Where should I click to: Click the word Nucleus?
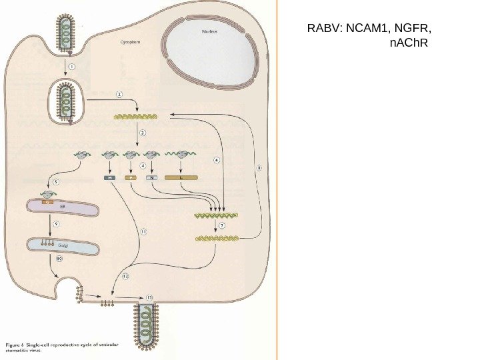coord(211,31)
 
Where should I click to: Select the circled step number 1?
coord(71,67)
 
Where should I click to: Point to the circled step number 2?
coord(120,95)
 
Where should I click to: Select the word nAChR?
coord(407,47)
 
